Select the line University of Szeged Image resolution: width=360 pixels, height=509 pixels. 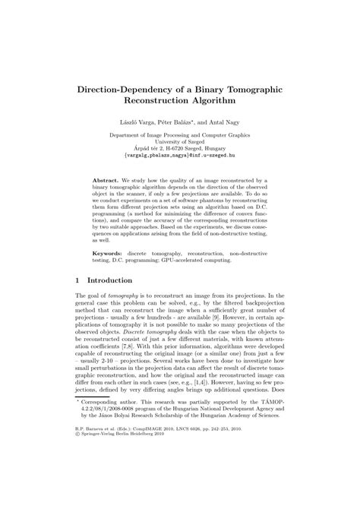(x=179, y=143)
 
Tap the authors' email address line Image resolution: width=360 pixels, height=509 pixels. (x=179, y=158)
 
